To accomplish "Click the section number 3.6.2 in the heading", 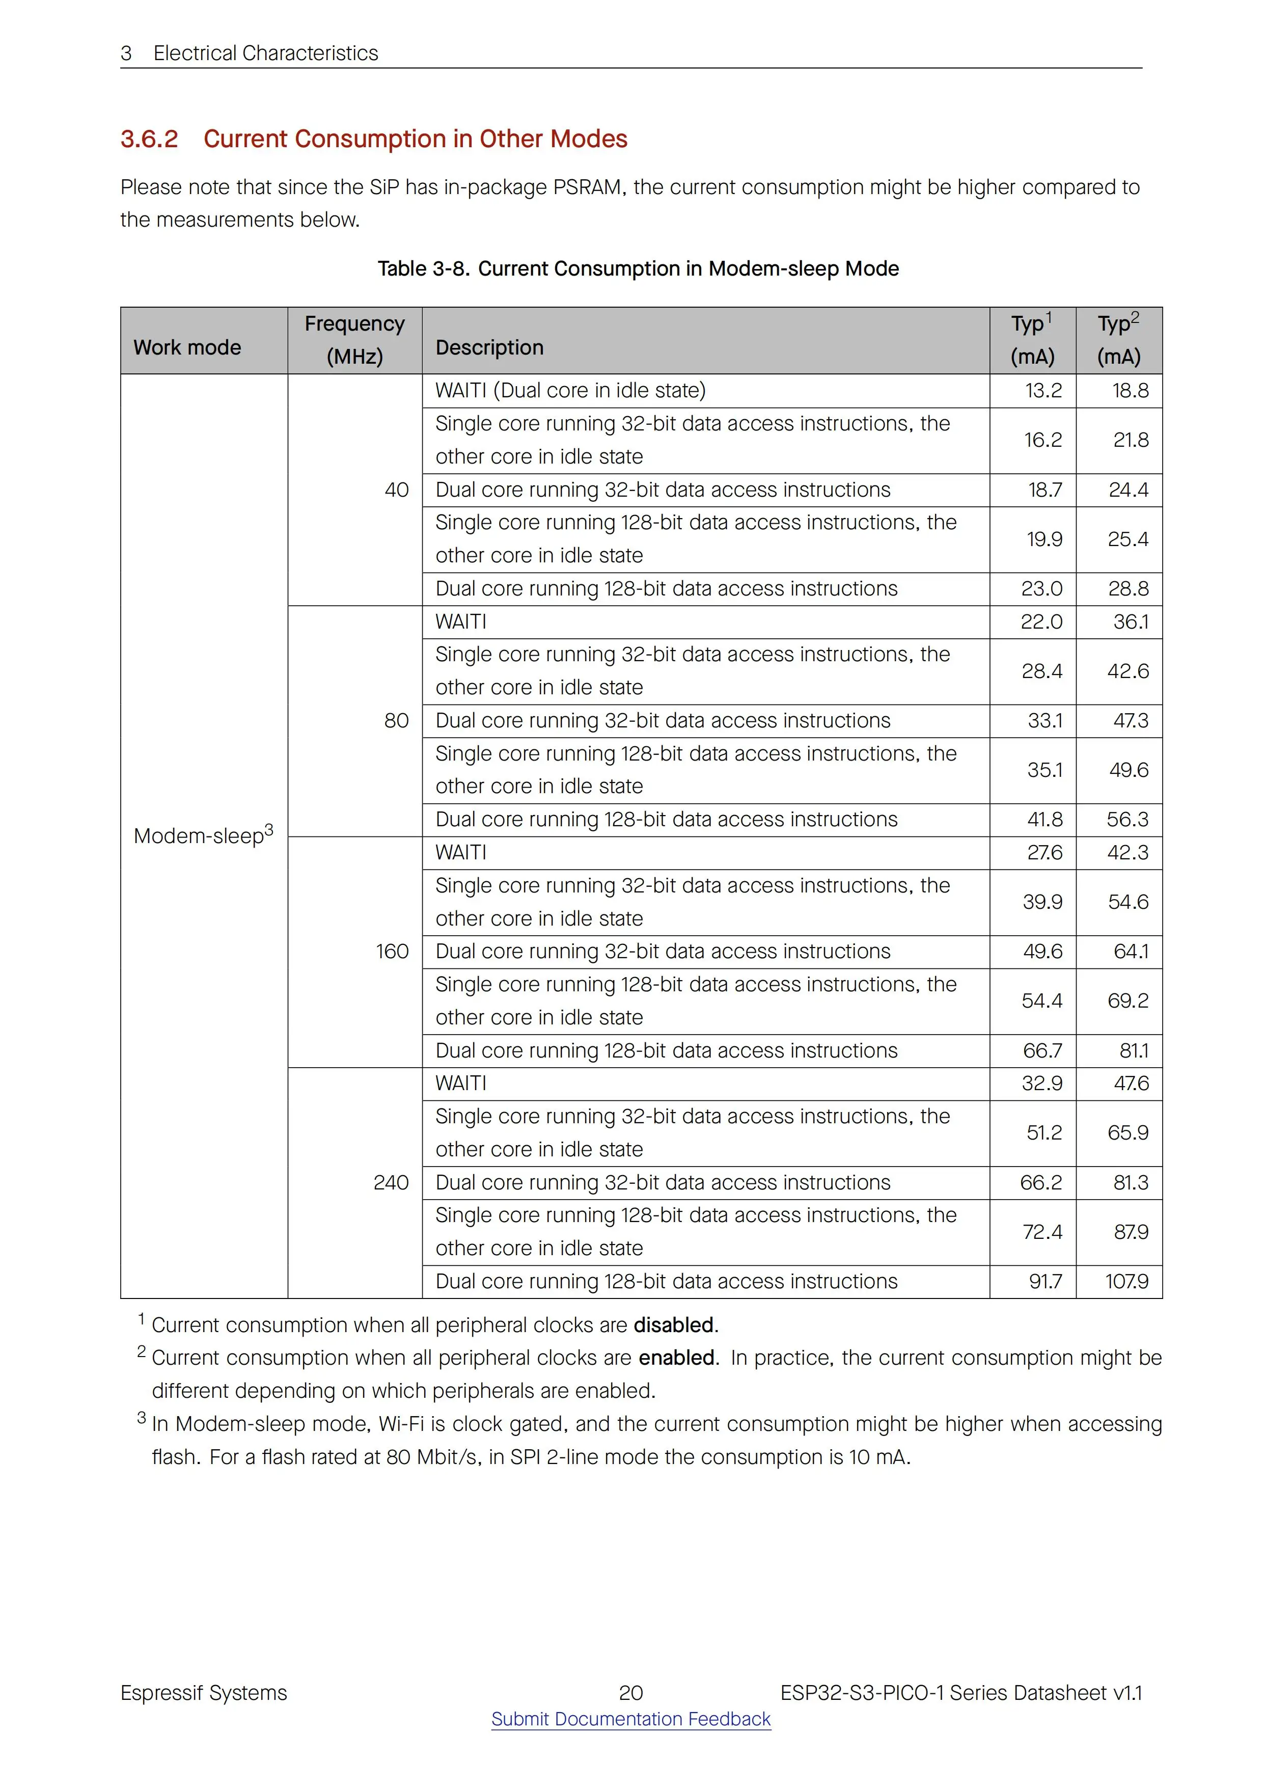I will click(149, 139).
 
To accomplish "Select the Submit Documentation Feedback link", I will click(630, 1719).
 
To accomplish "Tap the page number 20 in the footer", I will click(630, 1692).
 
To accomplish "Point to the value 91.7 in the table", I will click(1045, 1281).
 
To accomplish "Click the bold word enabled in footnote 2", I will click(676, 1358).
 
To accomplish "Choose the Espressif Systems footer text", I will click(203, 1692).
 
